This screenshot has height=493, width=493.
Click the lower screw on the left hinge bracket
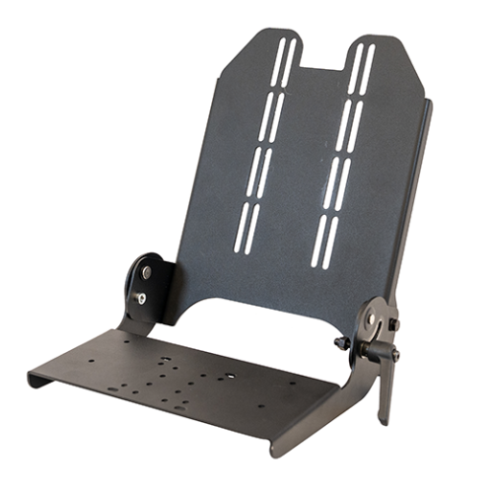pos(142,296)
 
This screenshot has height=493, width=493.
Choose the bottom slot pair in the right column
pos(324,243)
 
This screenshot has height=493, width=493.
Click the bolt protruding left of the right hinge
pos(342,342)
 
